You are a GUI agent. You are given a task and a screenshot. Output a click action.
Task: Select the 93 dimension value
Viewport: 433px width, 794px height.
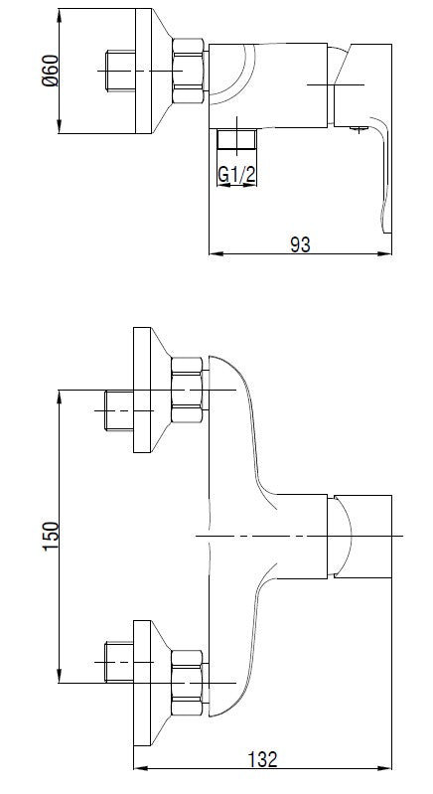click(299, 243)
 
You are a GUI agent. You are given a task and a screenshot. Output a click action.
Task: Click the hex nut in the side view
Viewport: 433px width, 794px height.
click(189, 72)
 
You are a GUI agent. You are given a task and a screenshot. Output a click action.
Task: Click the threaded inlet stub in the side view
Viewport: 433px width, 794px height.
click(122, 72)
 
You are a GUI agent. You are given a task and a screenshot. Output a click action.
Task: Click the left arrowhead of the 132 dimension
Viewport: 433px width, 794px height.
click(138, 768)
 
